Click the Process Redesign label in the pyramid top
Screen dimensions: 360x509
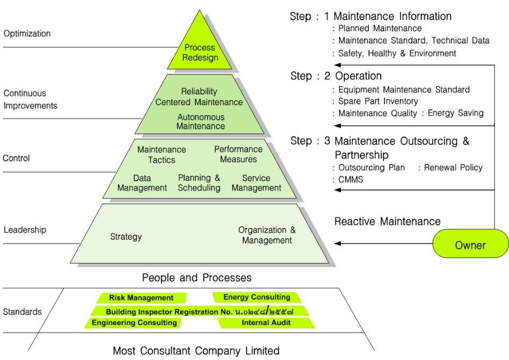tap(200, 53)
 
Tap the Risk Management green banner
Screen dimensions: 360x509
tap(141, 298)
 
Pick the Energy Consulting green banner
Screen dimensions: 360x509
tap(257, 297)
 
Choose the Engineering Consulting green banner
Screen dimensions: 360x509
tap(134, 323)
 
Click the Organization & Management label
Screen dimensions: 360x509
tap(267, 235)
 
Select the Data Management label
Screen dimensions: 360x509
tap(142, 183)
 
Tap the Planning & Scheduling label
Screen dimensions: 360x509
tap(199, 183)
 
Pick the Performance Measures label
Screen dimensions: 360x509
tap(238, 154)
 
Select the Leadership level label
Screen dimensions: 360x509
tap(25, 230)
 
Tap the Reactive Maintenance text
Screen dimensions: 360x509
tap(388, 221)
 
